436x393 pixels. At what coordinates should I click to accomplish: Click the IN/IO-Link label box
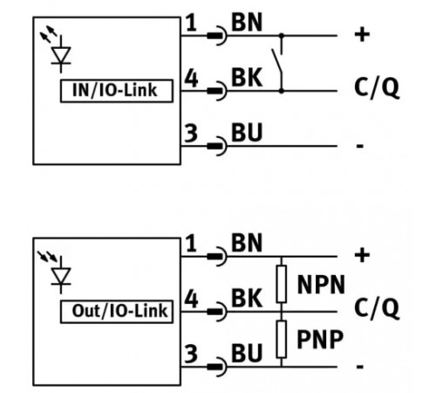click(x=117, y=91)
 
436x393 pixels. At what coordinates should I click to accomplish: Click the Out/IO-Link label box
click(x=117, y=312)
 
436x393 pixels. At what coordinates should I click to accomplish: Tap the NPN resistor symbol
click(x=282, y=284)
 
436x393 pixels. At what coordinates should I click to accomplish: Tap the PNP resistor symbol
click(x=282, y=339)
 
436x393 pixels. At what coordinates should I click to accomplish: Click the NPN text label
click(x=321, y=285)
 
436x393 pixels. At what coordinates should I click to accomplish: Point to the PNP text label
click(x=320, y=339)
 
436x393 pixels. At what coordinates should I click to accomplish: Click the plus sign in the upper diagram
click(x=362, y=35)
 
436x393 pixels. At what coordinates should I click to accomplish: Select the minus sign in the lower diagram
click(x=360, y=366)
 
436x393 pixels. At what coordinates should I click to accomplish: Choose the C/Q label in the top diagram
click(x=377, y=87)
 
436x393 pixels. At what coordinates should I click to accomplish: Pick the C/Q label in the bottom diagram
click(x=377, y=308)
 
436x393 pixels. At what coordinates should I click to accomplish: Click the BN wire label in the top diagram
click(x=247, y=23)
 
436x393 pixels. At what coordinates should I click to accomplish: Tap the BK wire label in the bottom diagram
click(x=247, y=298)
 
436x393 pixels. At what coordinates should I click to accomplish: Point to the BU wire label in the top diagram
click(x=247, y=133)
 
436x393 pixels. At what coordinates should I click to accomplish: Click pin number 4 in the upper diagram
click(x=192, y=78)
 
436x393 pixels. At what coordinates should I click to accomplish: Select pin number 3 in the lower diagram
click(x=191, y=354)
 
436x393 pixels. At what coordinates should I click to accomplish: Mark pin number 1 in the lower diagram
click(x=191, y=244)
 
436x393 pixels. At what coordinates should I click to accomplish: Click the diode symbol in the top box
click(x=61, y=54)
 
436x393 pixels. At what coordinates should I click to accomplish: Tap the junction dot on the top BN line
click(x=282, y=36)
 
